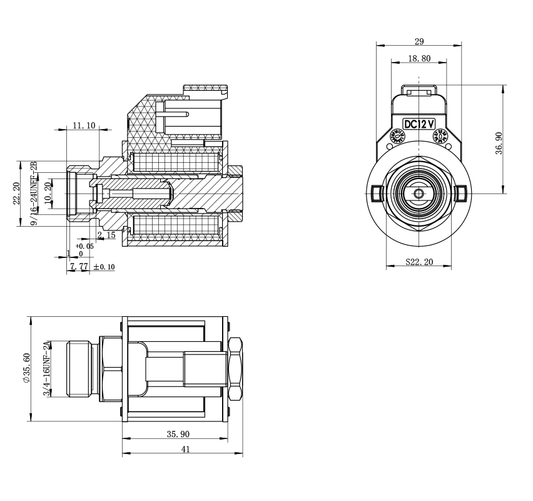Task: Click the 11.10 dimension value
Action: coord(84,125)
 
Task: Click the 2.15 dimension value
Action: coord(106,235)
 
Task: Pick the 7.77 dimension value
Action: coord(79,267)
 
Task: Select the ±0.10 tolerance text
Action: coord(104,267)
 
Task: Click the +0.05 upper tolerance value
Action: coord(84,246)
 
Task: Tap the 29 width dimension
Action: coord(419,41)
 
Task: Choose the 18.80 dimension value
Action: coord(419,58)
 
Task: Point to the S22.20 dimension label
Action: coord(419,262)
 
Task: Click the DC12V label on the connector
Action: coord(419,124)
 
